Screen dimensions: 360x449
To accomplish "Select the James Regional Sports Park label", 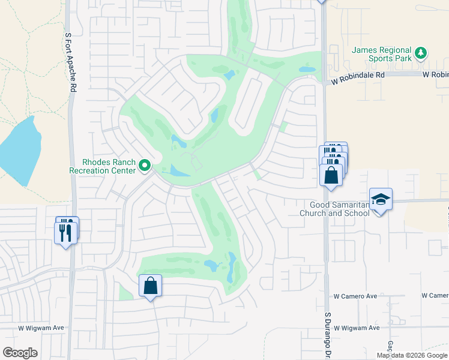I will click(382, 54).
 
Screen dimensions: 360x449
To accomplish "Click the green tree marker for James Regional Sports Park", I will click(421, 53).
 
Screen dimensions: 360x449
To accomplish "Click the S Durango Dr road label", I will click(328, 333).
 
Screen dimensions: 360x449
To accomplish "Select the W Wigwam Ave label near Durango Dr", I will click(357, 328).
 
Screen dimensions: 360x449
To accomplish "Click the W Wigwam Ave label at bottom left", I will click(41, 328).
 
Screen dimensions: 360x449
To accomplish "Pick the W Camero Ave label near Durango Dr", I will click(355, 296).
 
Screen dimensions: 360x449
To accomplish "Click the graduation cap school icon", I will click(381, 199).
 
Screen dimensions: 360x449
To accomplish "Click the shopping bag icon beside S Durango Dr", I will click(331, 175).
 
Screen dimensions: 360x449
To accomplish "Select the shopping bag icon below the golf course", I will click(151, 286).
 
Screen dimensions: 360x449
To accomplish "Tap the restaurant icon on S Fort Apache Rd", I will click(66, 231).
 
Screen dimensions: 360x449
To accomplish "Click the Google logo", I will click(20, 353).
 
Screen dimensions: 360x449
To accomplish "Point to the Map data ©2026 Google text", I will click(412, 355).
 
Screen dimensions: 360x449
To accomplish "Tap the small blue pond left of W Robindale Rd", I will click(307, 70).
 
